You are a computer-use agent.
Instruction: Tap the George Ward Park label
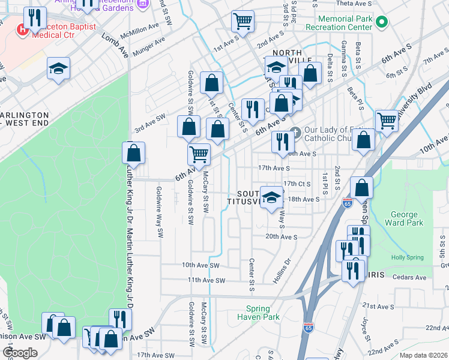(x=408, y=218)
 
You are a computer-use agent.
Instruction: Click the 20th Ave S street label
(x=282, y=236)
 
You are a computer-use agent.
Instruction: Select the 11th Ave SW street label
(x=206, y=280)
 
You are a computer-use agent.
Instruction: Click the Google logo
(x=20, y=353)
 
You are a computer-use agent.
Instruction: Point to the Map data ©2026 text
(x=423, y=355)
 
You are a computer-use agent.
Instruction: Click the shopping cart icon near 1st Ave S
(x=243, y=20)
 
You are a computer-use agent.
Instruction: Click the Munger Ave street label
(x=151, y=44)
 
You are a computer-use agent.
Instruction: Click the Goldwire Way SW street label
(x=159, y=213)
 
